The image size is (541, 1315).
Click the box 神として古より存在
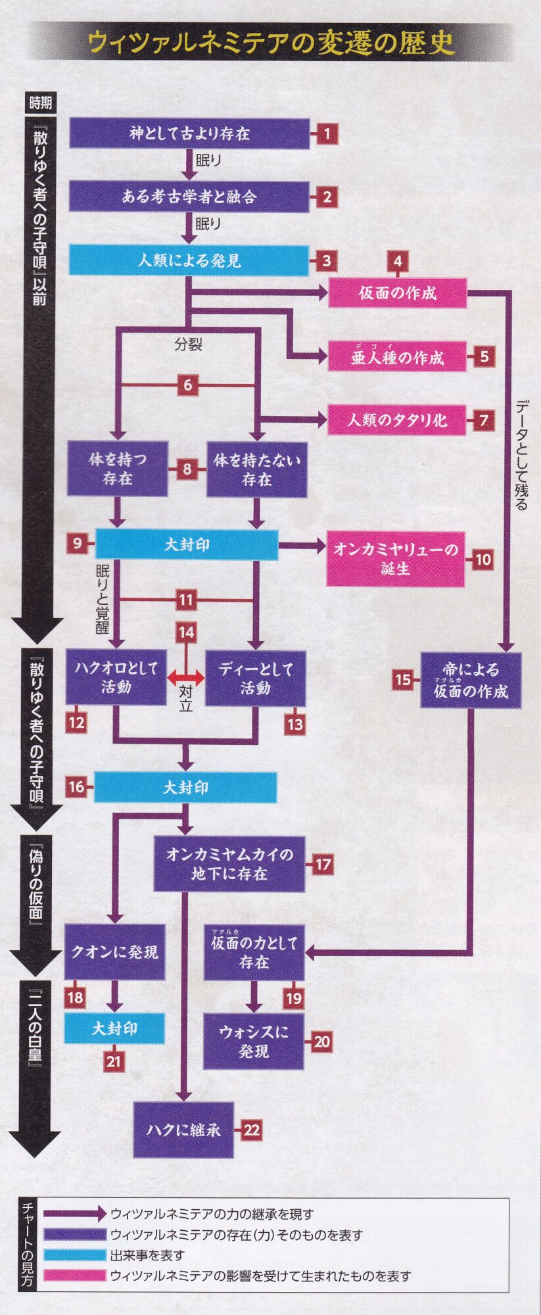(189, 133)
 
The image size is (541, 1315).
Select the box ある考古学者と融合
(189, 197)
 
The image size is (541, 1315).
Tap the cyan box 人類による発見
(189, 260)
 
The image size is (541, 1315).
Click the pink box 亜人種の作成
(397, 357)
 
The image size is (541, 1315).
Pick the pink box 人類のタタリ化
(397, 419)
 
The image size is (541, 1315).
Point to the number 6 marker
(187, 385)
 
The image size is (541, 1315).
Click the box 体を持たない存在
(256, 469)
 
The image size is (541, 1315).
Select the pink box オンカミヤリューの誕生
(396, 559)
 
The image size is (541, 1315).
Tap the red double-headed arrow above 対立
(186, 677)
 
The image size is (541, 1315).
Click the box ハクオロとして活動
(116, 677)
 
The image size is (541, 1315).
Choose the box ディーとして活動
(255, 678)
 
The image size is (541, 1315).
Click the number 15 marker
(403, 679)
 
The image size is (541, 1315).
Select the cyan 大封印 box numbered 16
(185, 787)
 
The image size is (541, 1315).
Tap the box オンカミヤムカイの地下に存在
(229, 863)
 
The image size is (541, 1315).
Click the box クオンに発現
(114, 951)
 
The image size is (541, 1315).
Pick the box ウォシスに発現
(254, 1041)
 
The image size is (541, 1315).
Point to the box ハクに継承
(183, 1130)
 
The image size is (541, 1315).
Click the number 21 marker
(114, 1061)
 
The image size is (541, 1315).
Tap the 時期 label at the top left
(40, 103)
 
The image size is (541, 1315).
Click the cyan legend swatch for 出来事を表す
(74, 1255)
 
